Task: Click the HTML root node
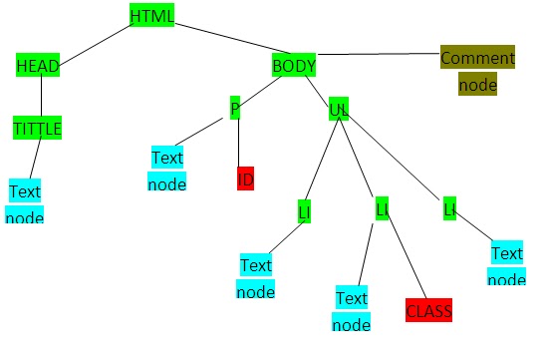[x=151, y=16]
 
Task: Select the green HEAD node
[x=38, y=66]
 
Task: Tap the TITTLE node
[x=37, y=129]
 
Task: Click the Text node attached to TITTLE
[x=25, y=201]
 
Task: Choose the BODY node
[x=294, y=66]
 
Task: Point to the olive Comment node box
[x=477, y=71]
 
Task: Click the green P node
[x=235, y=108]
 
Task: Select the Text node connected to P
[x=167, y=170]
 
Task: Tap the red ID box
[x=246, y=179]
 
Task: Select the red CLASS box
[x=429, y=311]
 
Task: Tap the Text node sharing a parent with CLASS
[x=351, y=310]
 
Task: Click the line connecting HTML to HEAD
[x=96, y=41]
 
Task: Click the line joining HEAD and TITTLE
[x=40, y=97]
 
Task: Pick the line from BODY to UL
[x=316, y=88]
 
